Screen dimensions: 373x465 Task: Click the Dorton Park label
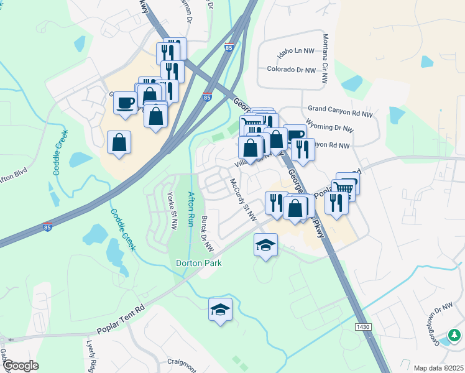[x=199, y=263]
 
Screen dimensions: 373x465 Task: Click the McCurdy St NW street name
[x=243, y=200]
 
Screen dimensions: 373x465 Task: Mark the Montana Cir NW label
[x=325, y=60]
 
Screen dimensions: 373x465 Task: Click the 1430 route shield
[x=363, y=327]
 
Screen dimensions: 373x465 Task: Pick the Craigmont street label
[x=182, y=362]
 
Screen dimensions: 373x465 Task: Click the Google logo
[x=21, y=366]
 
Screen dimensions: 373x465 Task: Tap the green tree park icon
[x=454, y=336]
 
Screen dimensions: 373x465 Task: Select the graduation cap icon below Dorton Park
[x=220, y=310]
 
